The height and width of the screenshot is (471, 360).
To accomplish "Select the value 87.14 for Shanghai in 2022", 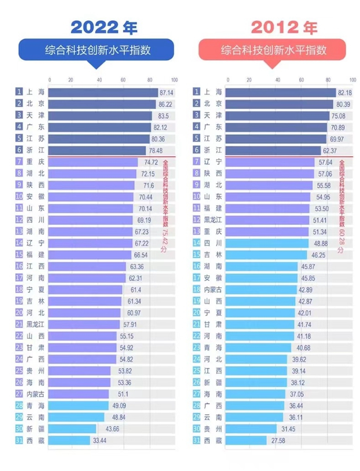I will pos(166,92).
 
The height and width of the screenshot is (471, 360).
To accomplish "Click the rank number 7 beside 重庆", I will pos(19,161).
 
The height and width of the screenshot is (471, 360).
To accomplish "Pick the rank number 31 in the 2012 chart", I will pos(197,440).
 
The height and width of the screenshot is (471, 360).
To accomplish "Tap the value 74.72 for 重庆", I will pos(145,161).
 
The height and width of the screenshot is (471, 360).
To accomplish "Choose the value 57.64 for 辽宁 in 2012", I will pos(323,161).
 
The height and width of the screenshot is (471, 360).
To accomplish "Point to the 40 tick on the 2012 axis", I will pos(277,80).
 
